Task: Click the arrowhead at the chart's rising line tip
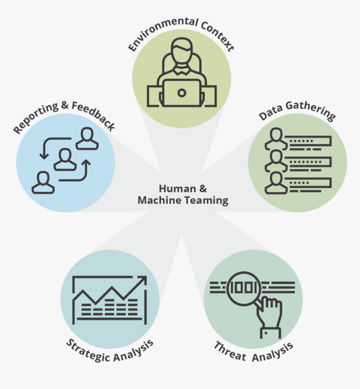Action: (x=143, y=280)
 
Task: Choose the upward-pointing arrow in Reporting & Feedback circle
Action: (x=86, y=163)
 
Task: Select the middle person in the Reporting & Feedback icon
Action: (x=65, y=159)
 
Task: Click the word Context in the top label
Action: (x=217, y=36)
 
